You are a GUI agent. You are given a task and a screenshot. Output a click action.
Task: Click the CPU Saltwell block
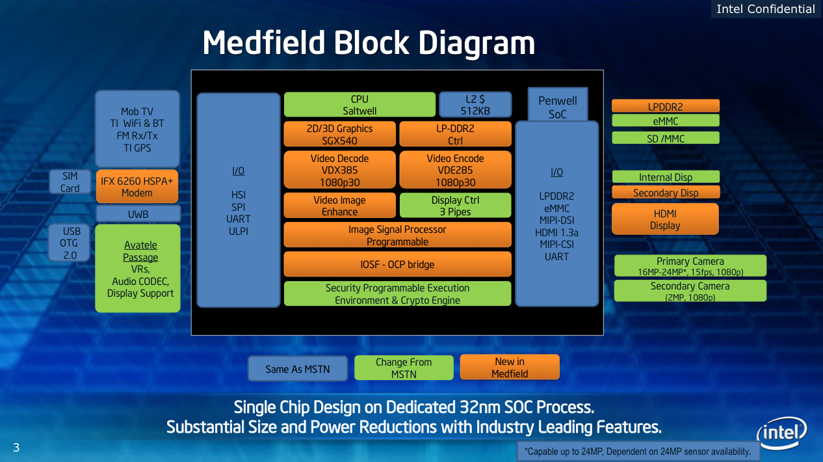click(x=359, y=105)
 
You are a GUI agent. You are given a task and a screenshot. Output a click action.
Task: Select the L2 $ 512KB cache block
click(x=475, y=105)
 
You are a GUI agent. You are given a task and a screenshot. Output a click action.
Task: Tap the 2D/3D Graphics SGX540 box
click(x=339, y=134)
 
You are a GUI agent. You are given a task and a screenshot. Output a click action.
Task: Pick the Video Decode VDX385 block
click(x=339, y=170)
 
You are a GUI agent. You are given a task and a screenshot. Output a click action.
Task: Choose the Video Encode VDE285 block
click(x=455, y=170)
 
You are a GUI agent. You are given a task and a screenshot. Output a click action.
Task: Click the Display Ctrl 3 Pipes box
click(x=455, y=206)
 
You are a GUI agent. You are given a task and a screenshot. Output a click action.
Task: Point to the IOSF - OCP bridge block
click(x=397, y=265)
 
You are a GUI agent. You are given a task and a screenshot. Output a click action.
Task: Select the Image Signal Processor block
click(x=397, y=235)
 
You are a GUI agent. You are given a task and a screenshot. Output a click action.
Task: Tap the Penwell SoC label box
click(x=557, y=107)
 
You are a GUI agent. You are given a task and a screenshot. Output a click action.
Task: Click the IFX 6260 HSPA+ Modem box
click(x=137, y=187)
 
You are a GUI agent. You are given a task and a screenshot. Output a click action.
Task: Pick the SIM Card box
click(x=70, y=182)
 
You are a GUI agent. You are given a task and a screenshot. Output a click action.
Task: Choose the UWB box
click(x=138, y=214)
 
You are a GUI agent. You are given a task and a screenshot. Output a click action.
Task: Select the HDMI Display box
click(x=665, y=219)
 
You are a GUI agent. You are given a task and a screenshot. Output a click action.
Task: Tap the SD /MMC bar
click(x=666, y=138)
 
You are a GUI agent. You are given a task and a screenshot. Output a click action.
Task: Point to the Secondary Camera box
click(x=690, y=291)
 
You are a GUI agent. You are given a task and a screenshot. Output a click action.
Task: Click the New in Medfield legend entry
click(x=510, y=367)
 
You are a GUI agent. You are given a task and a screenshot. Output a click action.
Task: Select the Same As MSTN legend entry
click(x=298, y=369)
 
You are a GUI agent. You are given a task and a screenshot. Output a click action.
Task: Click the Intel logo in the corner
click(x=781, y=433)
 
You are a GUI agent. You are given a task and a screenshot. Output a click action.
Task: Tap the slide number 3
click(x=16, y=447)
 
